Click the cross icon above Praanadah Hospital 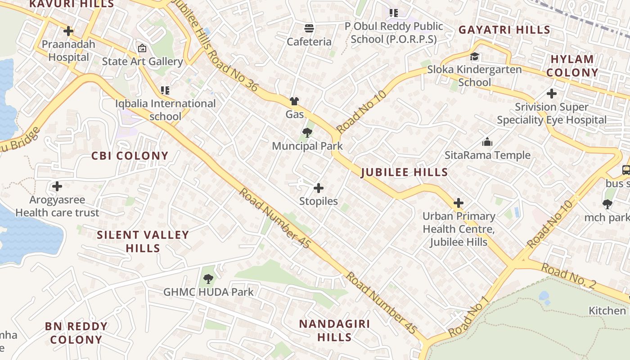(68, 31)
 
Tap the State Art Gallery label (142, 61)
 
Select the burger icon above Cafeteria (309, 28)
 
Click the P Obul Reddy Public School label (394, 32)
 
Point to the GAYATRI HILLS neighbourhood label (504, 30)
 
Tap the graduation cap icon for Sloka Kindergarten (474, 57)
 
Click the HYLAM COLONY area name (572, 66)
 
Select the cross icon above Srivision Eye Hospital (552, 94)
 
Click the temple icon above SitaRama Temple (487, 142)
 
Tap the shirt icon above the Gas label (294, 101)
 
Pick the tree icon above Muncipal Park (307, 132)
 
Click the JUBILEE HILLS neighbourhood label (405, 172)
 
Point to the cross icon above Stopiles (319, 188)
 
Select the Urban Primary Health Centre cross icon (459, 203)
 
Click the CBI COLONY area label (130, 156)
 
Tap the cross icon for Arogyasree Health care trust (57, 186)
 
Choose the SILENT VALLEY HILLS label (143, 241)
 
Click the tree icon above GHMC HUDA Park (208, 279)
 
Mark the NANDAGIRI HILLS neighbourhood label (334, 330)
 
